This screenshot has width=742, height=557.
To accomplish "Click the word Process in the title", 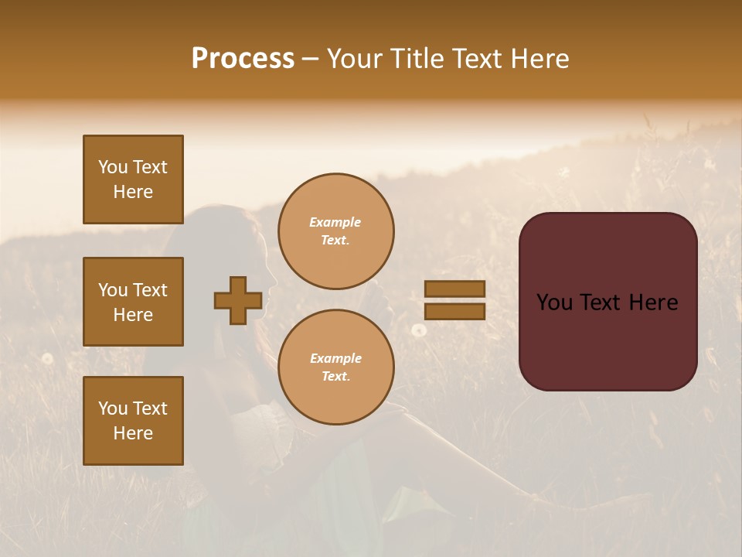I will coord(243,59).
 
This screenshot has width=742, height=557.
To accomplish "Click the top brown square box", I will coord(133,179).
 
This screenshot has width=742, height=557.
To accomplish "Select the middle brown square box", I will coord(133,302).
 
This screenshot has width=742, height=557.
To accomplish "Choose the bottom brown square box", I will coord(133,421).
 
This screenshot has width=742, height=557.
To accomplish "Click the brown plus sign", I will coord(238,300).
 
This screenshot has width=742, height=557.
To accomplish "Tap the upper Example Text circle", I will coord(336,231).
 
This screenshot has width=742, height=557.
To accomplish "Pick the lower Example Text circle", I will coord(336,367).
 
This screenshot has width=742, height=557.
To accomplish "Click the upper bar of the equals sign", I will coord(455,289).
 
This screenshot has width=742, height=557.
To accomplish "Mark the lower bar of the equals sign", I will coord(455,311).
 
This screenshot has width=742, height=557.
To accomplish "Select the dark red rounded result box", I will coord(608,301).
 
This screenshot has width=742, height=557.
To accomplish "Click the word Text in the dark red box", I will coord(607,302).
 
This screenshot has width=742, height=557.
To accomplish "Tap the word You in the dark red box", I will coord(554,302).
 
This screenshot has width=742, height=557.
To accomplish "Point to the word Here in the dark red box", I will coord(653,302).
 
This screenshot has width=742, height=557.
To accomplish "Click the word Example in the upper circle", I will coord(335,223).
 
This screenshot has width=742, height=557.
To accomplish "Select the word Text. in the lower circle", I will coord(335,377).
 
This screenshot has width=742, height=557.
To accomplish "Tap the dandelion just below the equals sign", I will coord(419,330).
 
